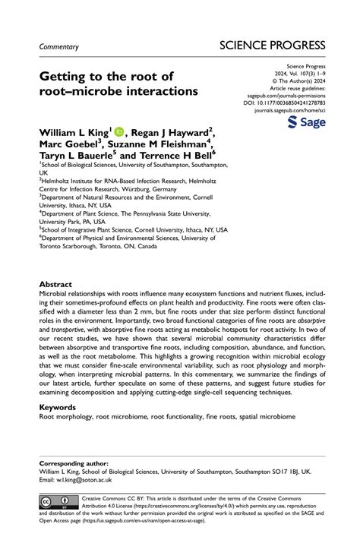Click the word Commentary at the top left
click(x=59, y=46)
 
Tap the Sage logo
click(x=308, y=123)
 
